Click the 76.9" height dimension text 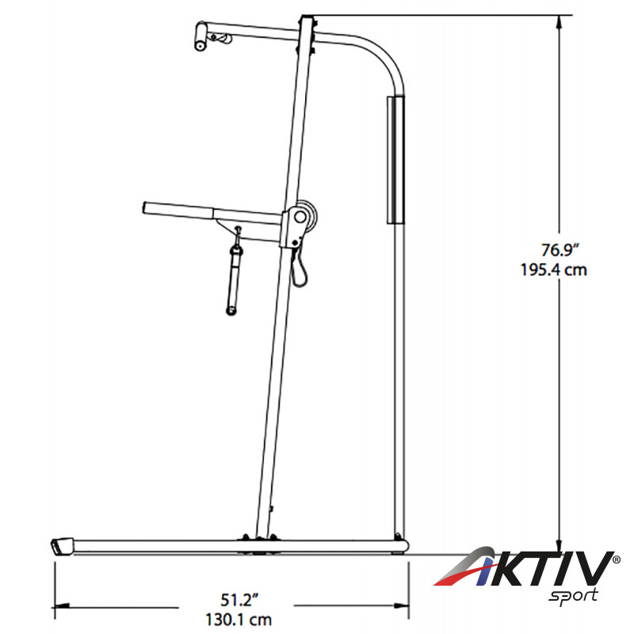557,250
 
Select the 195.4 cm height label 553,270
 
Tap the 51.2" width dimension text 239,600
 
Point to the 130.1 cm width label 239,620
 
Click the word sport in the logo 573,597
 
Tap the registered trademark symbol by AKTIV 617,560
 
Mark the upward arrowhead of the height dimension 560,22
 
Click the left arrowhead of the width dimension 62,606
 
